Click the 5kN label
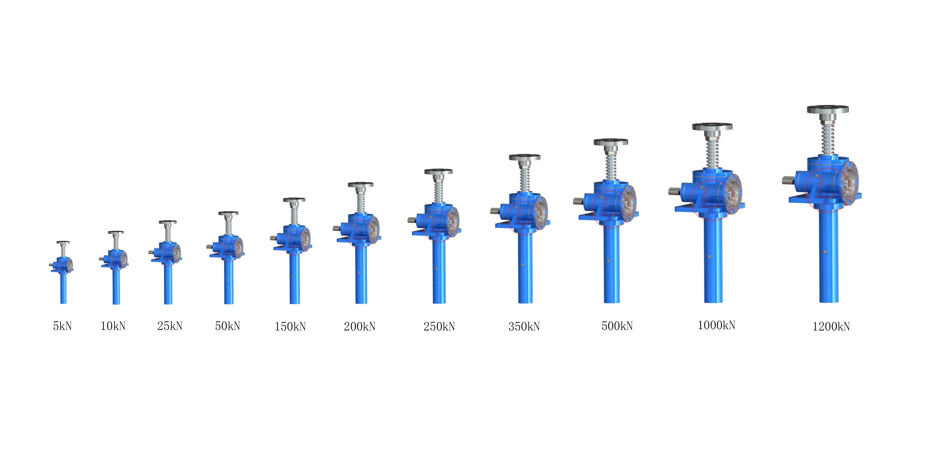tap(62, 326)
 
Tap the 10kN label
tap(113, 326)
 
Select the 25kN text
tap(170, 326)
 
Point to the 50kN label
tap(228, 326)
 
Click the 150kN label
tap(290, 326)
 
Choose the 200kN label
tap(359, 326)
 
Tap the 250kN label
tap(439, 326)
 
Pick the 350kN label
tap(524, 326)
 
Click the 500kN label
tap(617, 326)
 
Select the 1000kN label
tap(716, 325)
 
